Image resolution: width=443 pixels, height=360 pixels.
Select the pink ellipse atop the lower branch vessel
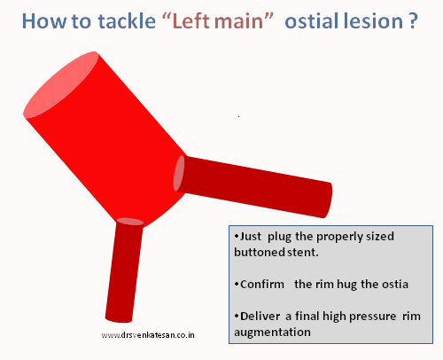[x=129, y=222]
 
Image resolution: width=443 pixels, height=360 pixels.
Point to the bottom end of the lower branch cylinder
[x=118, y=317]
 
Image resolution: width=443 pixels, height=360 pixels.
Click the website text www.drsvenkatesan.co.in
[x=148, y=336]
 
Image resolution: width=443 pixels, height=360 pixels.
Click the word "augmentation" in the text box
[x=273, y=332]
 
